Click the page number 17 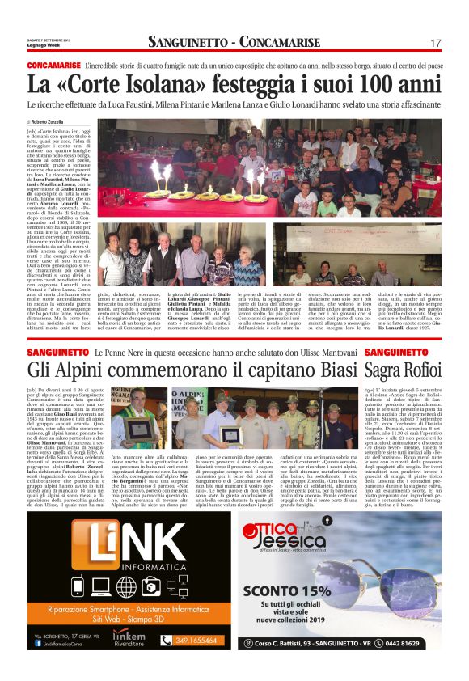[x=436, y=42]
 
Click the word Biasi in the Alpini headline [x=332, y=369]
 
